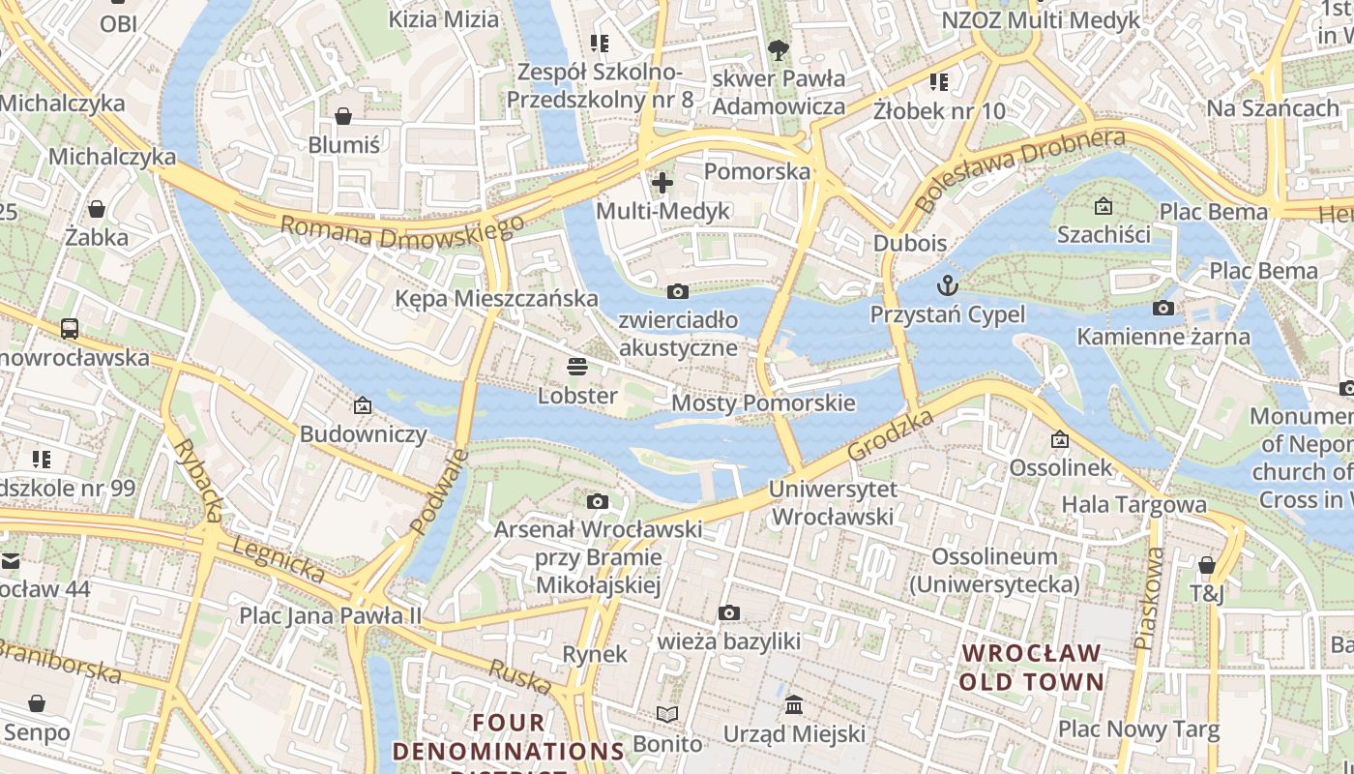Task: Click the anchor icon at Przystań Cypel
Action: coord(948,285)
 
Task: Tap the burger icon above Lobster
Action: coord(577,367)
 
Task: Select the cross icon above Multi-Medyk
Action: coord(662,182)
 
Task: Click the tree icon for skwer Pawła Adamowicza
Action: coord(778,49)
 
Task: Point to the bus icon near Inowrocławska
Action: coord(70,328)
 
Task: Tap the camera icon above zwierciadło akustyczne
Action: coord(678,291)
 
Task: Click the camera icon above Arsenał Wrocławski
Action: coord(598,501)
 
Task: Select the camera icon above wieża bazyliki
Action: coord(729,612)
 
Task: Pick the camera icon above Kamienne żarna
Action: coord(1163,309)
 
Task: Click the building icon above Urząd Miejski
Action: coord(794,704)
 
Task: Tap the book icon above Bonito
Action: coord(667,714)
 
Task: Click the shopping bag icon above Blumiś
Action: coord(343,116)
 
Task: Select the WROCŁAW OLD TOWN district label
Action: coord(1031,667)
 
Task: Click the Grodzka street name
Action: coord(891,434)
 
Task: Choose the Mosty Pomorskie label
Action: coord(763,402)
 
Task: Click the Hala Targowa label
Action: coord(1133,504)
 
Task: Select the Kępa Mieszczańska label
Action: coord(496,298)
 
